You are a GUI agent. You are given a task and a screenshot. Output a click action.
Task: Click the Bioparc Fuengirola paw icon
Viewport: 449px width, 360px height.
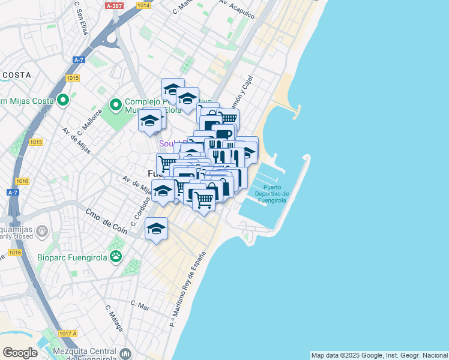tap(115, 257)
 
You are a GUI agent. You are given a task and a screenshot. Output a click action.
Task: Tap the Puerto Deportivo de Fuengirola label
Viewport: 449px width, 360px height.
tap(268, 194)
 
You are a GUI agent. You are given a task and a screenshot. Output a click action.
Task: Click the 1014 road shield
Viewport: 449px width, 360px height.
tap(143, 5)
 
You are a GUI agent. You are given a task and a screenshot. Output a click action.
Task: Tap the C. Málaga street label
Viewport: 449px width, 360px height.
tap(114, 318)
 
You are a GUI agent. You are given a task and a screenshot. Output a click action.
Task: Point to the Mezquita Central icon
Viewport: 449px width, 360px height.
tap(125, 353)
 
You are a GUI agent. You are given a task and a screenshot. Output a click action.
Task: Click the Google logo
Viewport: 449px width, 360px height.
tap(20, 353)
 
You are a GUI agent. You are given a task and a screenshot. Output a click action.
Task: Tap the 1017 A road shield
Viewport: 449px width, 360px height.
tap(68, 333)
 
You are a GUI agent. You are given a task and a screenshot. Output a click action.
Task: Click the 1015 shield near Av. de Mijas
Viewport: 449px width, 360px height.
tap(36, 142)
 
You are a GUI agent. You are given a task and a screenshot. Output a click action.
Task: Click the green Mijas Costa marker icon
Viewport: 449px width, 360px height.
tap(62, 100)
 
